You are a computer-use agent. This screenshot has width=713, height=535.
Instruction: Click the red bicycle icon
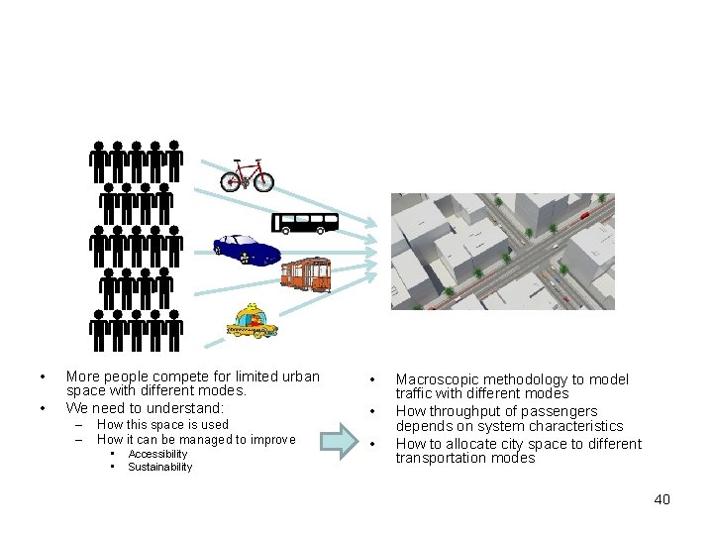247,175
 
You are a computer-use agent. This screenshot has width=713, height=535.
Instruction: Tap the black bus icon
305,222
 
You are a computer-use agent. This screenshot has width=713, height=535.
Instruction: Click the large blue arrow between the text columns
347,441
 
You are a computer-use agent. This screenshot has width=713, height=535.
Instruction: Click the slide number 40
662,499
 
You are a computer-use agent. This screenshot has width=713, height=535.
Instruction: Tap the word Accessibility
157,454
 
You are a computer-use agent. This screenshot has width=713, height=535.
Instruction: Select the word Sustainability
160,467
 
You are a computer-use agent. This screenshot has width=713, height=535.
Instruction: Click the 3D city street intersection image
502,252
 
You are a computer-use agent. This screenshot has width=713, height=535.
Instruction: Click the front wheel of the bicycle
261,180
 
